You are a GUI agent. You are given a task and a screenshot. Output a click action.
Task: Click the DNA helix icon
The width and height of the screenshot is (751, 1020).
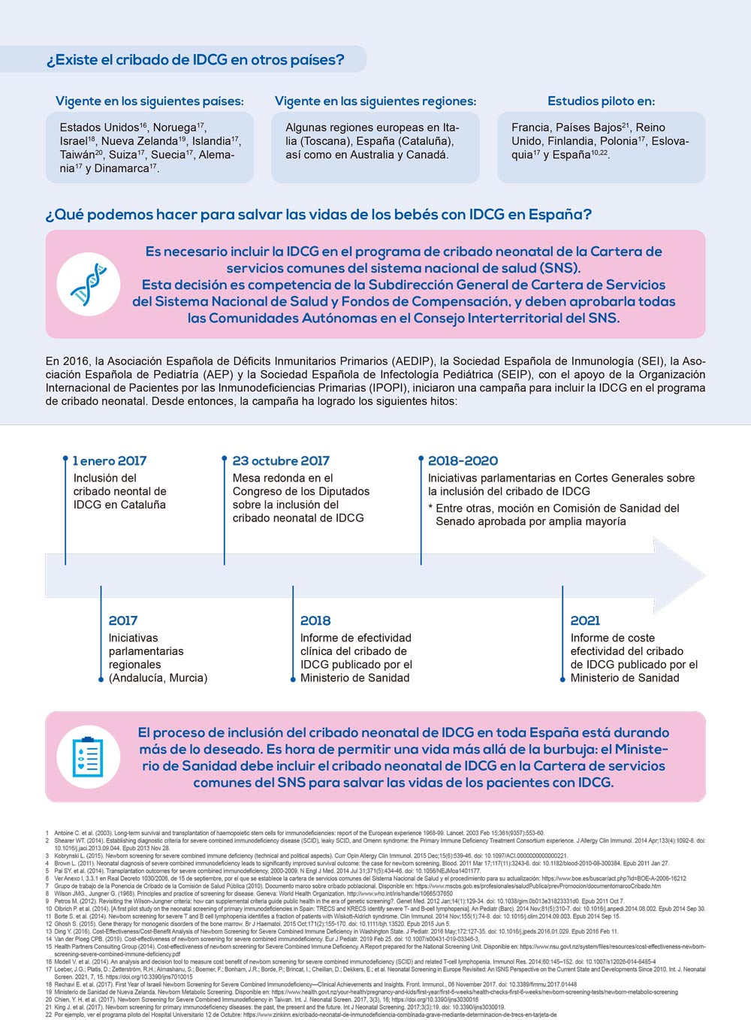coord(89,284)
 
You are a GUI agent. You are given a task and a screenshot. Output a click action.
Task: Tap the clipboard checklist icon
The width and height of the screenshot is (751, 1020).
coord(89,756)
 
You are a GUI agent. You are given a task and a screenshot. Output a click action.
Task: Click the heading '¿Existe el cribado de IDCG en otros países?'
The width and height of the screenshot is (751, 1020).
coord(195,60)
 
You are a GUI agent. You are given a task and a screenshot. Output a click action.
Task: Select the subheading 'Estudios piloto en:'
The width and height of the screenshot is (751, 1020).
coord(601,101)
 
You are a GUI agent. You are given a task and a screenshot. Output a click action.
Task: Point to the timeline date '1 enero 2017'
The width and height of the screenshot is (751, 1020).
coord(110,460)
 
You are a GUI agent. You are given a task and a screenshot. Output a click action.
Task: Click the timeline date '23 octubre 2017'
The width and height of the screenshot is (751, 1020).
coord(281,460)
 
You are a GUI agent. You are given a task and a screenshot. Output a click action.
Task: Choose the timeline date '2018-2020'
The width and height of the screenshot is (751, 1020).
coord(463,460)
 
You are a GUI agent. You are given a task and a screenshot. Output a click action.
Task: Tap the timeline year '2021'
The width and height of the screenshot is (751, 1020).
coord(585,620)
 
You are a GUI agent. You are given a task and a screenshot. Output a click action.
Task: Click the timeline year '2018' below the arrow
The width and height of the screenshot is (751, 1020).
coord(315,620)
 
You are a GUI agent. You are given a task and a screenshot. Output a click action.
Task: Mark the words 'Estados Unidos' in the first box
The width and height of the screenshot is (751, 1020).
coord(99,128)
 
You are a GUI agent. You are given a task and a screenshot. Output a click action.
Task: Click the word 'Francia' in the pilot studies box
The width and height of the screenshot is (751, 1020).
coord(530,128)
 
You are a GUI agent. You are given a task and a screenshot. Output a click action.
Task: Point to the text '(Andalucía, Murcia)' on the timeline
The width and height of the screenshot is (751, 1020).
coord(158,677)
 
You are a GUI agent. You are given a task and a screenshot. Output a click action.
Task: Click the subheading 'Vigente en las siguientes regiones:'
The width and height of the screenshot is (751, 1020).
coord(375,101)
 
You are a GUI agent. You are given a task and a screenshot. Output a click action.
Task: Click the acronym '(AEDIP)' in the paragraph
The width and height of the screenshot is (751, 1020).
coord(412,361)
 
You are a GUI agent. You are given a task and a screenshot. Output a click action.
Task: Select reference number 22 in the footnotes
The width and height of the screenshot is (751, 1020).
coord(48,1015)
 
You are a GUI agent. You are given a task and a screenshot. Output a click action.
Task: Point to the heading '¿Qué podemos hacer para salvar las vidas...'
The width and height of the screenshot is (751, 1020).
coord(318,215)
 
